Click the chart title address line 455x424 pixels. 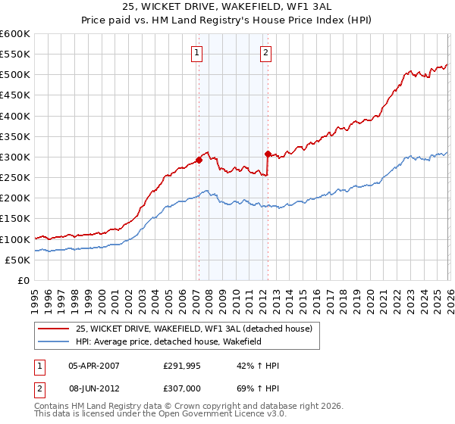pyautogui.click(x=227, y=7)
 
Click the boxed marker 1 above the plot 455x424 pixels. pyautogui.click(x=196, y=53)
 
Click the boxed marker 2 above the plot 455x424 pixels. pyautogui.click(x=267, y=53)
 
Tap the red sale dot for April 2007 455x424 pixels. pyautogui.click(x=199, y=160)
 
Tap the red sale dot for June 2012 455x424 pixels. pyautogui.click(x=268, y=154)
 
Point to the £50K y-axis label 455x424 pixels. pyautogui.click(x=17, y=260)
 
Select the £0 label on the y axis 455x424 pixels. pyautogui.click(x=23, y=280)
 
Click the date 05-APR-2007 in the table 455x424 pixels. pyautogui.click(x=94, y=366)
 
